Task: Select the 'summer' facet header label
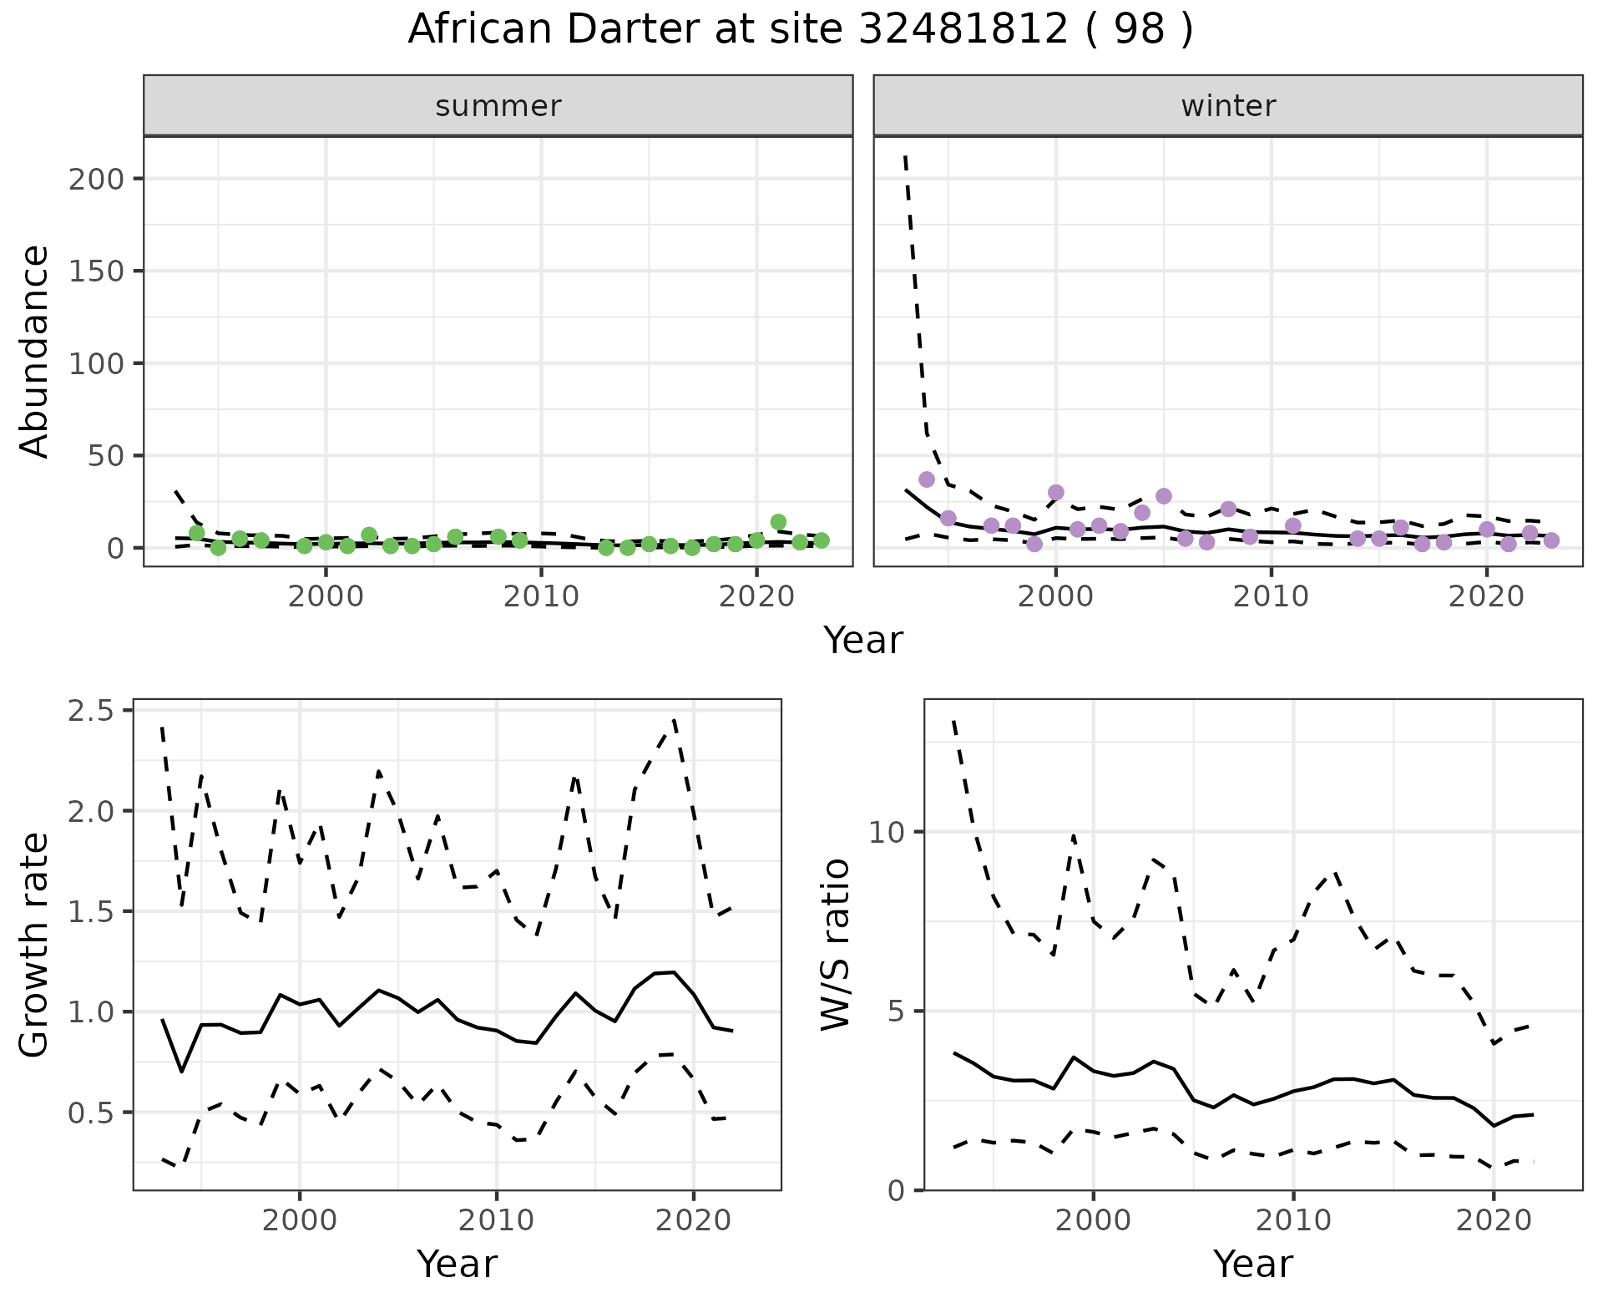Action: tap(498, 106)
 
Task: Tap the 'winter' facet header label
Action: tap(1227, 106)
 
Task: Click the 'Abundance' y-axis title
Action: tap(35, 352)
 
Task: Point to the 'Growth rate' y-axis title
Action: tap(35, 946)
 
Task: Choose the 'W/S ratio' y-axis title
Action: tap(835, 945)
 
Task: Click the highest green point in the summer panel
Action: tap(778, 522)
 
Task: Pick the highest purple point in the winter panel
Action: tap(927, 479)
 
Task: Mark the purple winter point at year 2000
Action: tap(1056, 492)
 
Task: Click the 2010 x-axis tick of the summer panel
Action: tap(541, 597)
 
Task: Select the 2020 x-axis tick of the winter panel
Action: tap(1486, 597)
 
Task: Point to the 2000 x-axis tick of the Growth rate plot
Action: tap(300, 1220)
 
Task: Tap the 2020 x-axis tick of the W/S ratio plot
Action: tap(1494, 1220)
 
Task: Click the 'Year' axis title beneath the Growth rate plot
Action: tap(457, 1264)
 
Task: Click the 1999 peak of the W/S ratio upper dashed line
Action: tap(1074, 834)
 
